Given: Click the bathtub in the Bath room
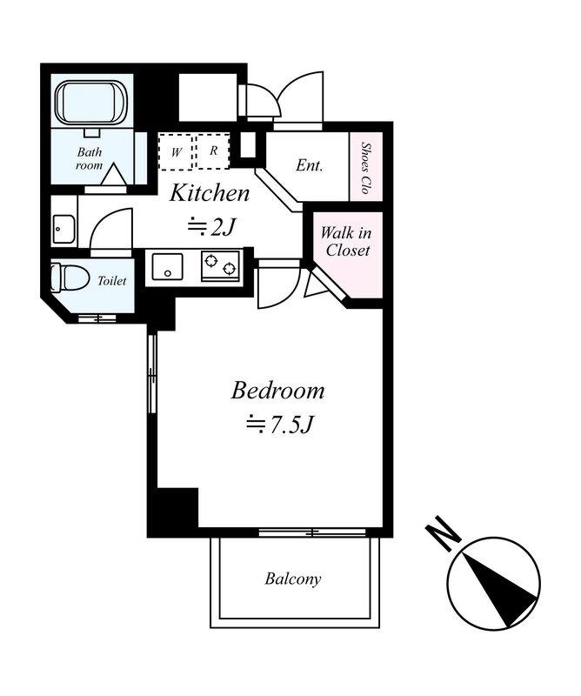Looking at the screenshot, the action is point(91,103).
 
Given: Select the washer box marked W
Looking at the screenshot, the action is point(176,151).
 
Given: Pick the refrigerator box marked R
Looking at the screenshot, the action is point(213,151).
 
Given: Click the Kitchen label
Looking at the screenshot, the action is point(210,193).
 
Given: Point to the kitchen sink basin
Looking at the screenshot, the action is point(167,266).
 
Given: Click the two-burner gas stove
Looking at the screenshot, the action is point(221,265).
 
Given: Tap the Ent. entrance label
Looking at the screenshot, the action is point(310,165).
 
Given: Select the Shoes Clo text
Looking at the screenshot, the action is point(365,167).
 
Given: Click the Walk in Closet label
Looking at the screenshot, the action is point(347,242).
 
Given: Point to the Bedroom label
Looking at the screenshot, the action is point(277,391).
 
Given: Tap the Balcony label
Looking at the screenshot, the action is point(293,579).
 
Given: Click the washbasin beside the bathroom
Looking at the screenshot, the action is point(63,229).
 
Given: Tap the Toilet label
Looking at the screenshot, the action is point(112,280).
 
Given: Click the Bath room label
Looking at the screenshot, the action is point(90,158).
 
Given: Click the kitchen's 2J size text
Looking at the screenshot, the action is point(210,227).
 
